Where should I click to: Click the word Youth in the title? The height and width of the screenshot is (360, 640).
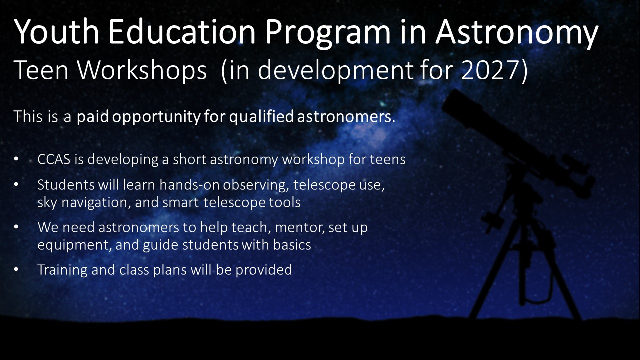[56, 31]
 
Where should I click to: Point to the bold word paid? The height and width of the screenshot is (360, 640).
[93, 117]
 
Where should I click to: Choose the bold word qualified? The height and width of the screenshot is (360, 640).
[261, 117]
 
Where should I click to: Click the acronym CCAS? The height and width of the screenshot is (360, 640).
[54, 159]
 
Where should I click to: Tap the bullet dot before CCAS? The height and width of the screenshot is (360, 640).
[16, 159]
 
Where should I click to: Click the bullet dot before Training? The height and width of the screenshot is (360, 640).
[16, 270]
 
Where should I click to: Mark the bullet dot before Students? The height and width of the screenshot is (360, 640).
[16, 185]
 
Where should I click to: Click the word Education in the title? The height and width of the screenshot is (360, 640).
[182, 31]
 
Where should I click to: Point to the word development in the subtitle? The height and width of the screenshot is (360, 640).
[335, 71]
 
